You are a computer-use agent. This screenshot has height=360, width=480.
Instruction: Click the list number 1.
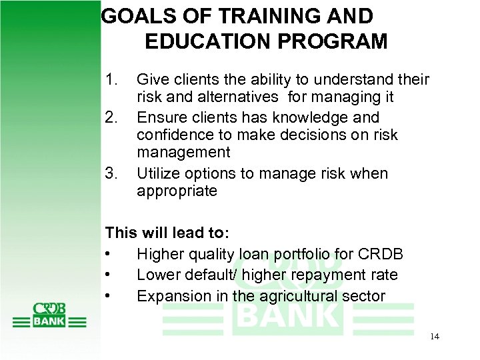point(112,80)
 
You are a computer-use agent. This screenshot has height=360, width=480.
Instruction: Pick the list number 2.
point(112,117)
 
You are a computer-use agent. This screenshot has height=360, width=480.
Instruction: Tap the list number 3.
point(112,173)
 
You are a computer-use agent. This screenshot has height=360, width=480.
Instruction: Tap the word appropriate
point(177,191)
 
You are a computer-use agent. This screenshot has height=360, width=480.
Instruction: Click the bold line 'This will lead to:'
point(167,234)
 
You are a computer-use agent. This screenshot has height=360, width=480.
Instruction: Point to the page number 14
point(434,337)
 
